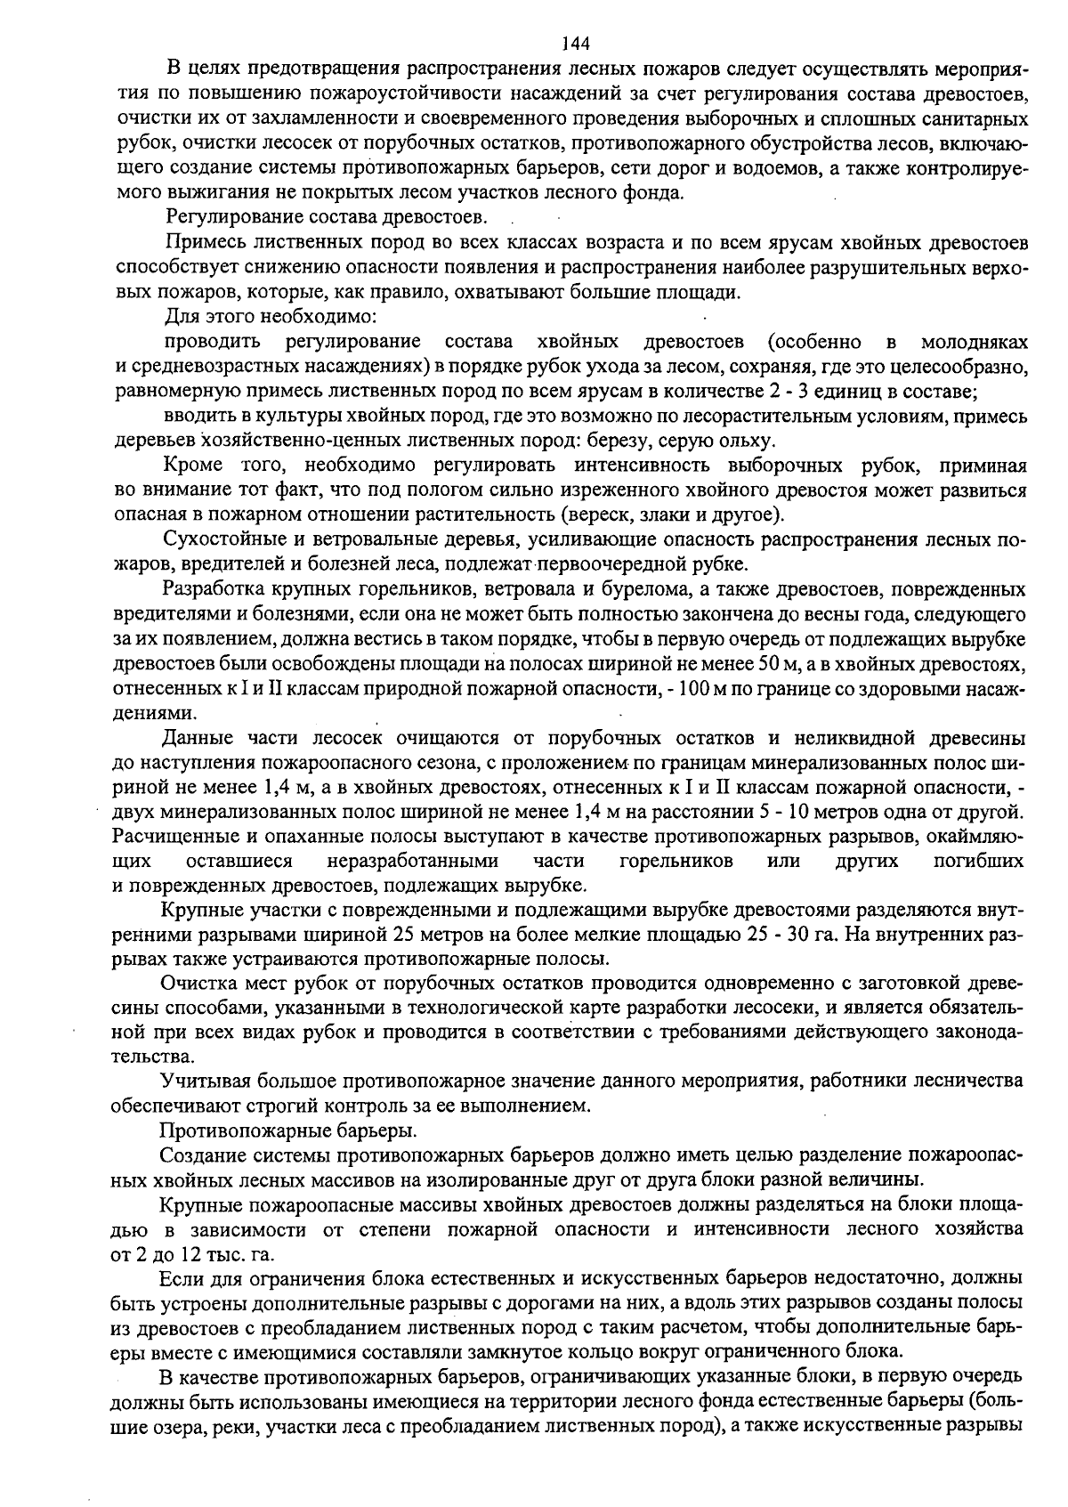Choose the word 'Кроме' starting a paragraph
[192, 466]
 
